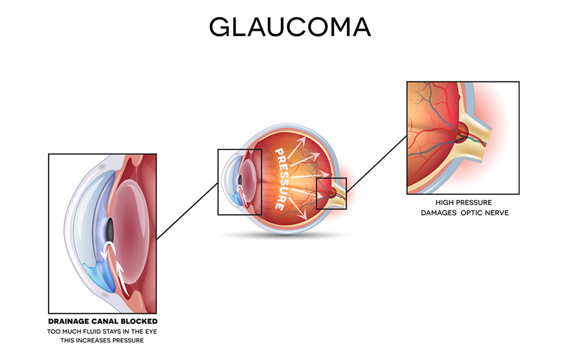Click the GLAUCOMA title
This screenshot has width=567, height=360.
click(x=290, y=26)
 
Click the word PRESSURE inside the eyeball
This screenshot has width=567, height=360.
click(x=283, y=178)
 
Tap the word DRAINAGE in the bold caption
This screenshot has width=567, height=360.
click(x=69, y=322)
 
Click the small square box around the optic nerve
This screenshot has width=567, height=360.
click(x=317, y=194)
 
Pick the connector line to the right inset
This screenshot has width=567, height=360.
click(x=377, y=163)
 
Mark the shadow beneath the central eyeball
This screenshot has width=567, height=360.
click(x=285, y=236)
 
